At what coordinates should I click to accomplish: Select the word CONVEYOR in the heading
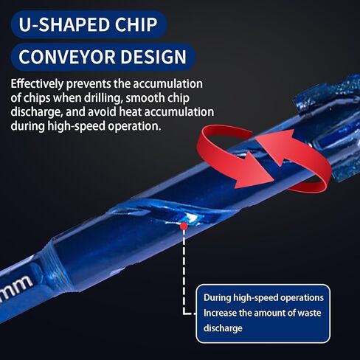pos(66,57)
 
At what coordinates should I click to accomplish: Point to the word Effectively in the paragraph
pos(37,84)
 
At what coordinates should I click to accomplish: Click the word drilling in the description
pos(103,98)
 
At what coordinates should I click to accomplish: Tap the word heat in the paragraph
pos(131,112)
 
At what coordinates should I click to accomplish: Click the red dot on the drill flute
pos(184,226)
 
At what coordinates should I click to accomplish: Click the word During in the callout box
pos(217,297)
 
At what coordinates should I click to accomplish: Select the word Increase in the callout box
pos(220,313)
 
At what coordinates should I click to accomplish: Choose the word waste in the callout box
pos(309,313)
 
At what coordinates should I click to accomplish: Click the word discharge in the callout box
pos(223,328)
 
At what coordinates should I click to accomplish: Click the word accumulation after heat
pos(179,112)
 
